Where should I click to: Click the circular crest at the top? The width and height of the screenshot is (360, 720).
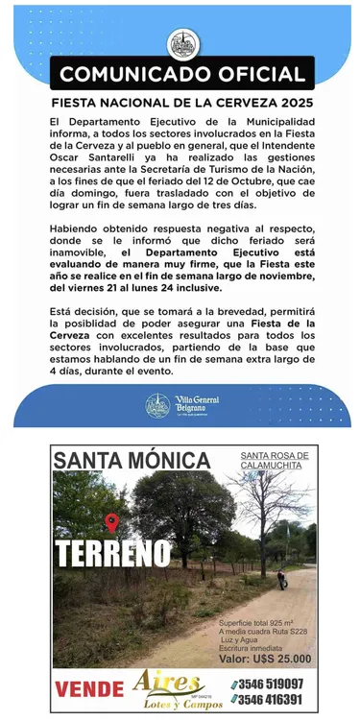point(180,43)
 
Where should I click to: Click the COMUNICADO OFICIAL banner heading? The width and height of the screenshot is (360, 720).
point(182,74)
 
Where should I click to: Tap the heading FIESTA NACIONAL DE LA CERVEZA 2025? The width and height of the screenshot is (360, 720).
point(182,103)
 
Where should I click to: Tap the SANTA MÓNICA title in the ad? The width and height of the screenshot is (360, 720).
point(132,460)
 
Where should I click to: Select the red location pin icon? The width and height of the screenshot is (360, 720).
point(112,522)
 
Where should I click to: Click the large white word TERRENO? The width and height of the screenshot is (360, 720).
point(113,554)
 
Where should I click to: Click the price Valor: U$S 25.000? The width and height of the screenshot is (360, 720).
point(264,659)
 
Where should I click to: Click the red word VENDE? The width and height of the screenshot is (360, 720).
point(89,688)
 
